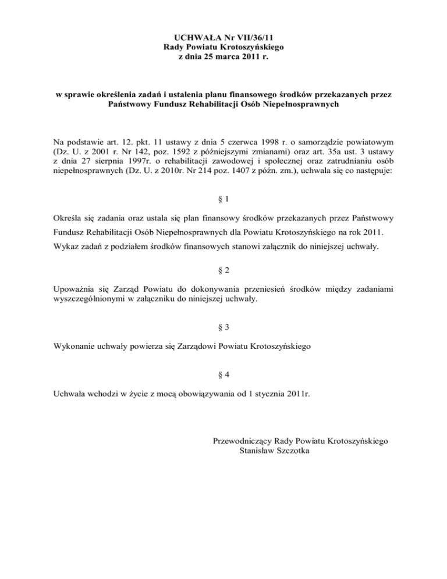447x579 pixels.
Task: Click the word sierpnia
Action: (x=104, y=162)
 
